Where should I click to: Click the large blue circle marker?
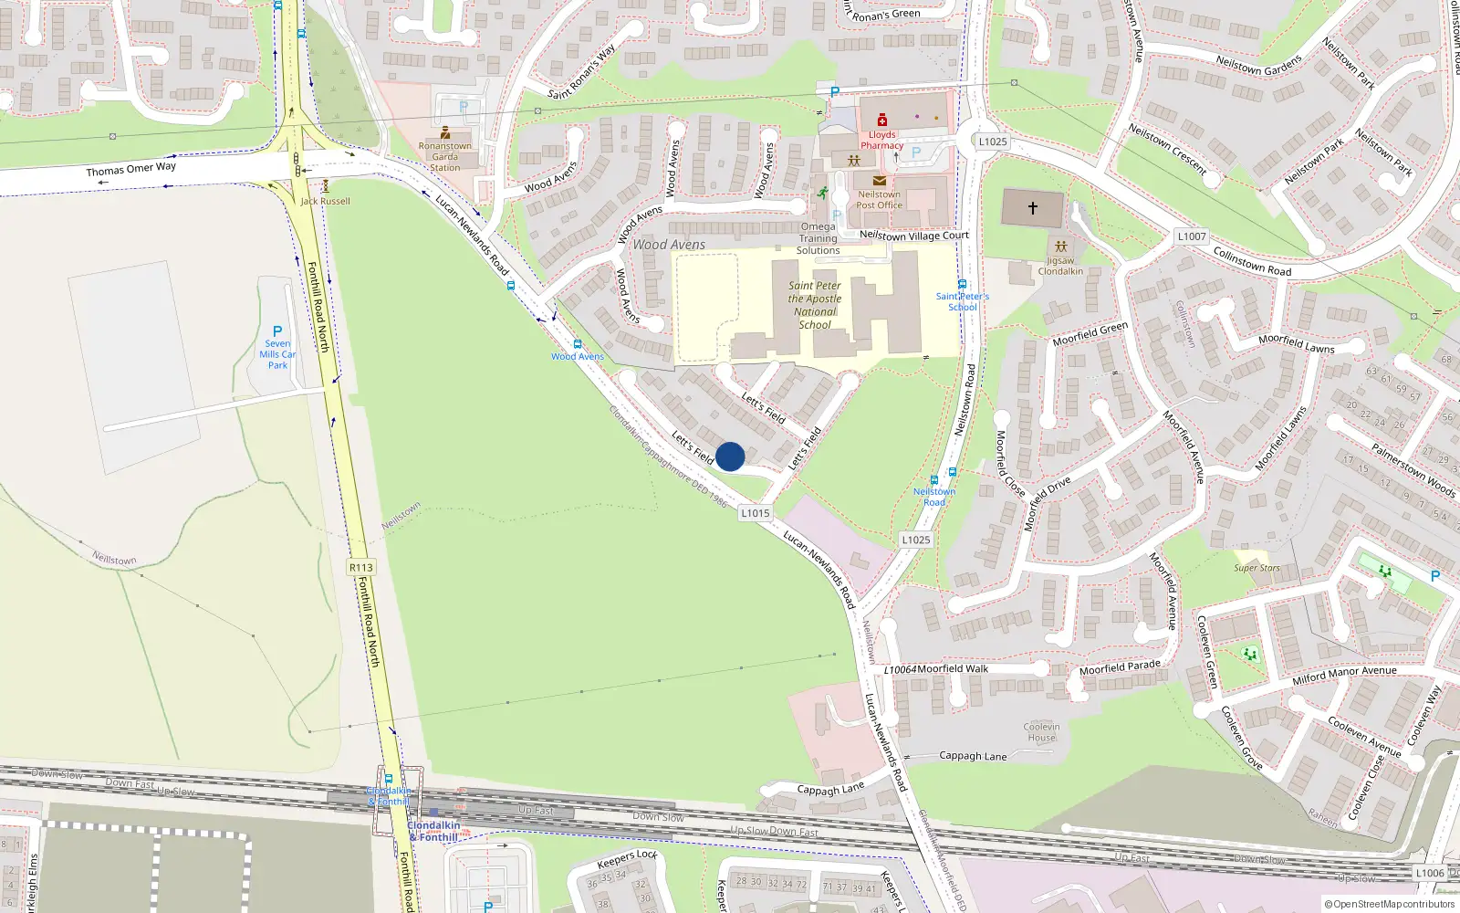(730, 456)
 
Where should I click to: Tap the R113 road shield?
(361, 567)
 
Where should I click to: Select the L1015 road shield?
(756, 513)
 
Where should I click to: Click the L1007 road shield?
(1192, 236)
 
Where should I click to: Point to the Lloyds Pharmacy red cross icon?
(882, 121)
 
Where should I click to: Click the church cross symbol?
(1033, 208)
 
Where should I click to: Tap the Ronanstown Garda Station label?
(445, 156)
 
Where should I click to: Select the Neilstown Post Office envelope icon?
(880, 181)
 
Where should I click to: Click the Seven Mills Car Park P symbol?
(277, 331)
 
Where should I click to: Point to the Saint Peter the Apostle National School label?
(815, 305)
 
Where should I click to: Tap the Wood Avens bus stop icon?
(578, 344)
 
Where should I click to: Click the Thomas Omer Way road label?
(131, 169)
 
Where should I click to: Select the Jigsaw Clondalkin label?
(1060, 266)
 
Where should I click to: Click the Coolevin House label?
(1041, 732)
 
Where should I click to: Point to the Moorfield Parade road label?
(1120, 667)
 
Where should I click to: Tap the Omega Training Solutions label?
(818, 238)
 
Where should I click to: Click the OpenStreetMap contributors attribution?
(1390, 905)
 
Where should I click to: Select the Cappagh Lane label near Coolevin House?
(973, 756)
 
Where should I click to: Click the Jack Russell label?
(326, 201)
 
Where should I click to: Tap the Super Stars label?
(1257, 568)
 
